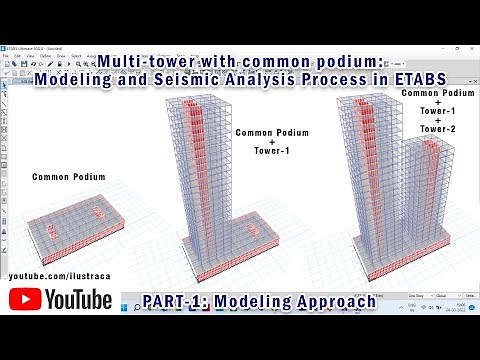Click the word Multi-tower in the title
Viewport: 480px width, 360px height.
pyautogui.click(x=157, y=62)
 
